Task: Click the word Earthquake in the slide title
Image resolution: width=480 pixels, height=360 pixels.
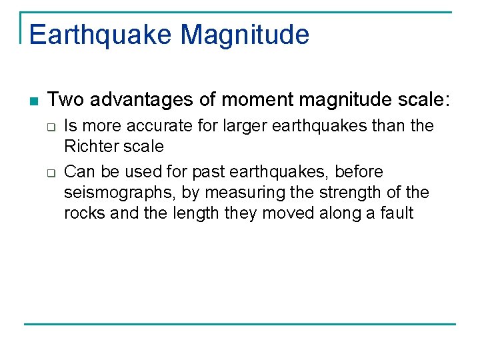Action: point(101,34)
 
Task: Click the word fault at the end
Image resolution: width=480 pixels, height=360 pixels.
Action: point(397,214)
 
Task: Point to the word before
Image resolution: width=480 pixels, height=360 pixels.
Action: point(359,172)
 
